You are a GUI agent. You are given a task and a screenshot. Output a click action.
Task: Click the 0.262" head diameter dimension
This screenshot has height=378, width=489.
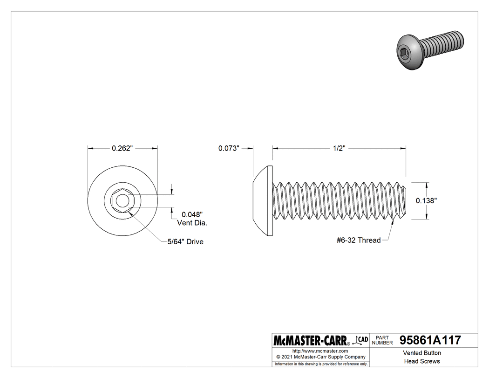coord(122,148)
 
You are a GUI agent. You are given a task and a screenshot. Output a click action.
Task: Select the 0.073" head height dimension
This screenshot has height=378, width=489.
coord(229,148)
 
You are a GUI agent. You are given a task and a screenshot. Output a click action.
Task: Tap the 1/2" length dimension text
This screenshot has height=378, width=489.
coord(339,148)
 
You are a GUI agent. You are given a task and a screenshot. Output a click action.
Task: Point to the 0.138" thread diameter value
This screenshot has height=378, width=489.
coord(426,200)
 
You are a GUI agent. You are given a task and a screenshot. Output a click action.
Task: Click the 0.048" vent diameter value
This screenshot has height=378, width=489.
coord(192,215)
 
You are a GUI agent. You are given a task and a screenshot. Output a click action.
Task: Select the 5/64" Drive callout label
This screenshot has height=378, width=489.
coord(185,242)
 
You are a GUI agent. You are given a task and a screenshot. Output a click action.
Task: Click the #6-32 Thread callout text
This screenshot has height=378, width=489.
coord(358,241)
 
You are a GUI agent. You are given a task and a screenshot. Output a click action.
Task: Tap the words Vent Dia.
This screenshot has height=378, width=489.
coord(192,223)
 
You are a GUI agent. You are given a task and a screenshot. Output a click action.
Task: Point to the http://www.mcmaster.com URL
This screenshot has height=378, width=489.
coord(320,351)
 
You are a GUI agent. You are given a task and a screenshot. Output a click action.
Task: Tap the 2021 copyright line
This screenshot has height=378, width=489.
coord(321,357)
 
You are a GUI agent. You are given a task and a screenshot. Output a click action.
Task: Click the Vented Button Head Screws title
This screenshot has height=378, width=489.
coord(421,357)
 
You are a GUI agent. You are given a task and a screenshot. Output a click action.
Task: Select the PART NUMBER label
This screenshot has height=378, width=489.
coord(383,340)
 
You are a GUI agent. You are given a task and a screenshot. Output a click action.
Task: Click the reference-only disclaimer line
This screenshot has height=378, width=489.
coord(321,364)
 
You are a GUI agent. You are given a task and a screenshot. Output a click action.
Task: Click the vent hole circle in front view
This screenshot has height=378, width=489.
coord(122,201)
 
